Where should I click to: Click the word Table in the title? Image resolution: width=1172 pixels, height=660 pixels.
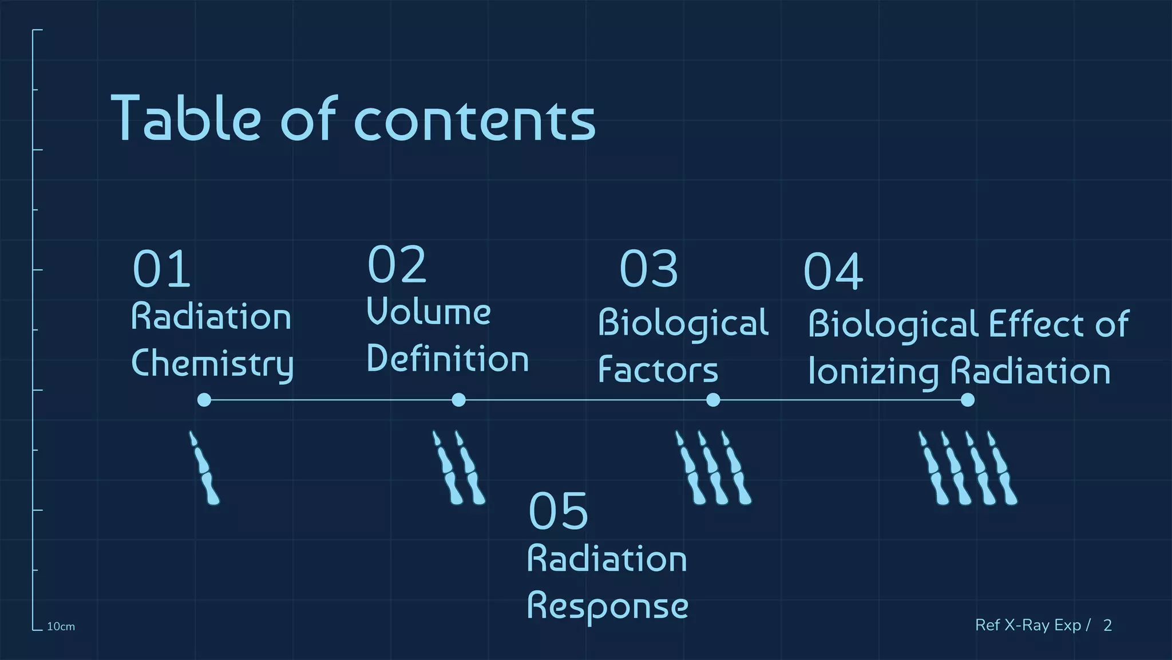187,119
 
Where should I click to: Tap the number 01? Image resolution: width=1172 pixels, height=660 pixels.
161,269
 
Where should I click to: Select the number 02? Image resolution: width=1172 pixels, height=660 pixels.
397,265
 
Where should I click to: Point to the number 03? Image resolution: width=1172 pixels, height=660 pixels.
648,269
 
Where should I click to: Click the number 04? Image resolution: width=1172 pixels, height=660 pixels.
833,272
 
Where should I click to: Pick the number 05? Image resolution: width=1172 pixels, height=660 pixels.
558,511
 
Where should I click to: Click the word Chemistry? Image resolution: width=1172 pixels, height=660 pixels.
212,364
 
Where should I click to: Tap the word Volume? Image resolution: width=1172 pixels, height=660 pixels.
428,312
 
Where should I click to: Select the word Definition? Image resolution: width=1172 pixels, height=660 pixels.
447,359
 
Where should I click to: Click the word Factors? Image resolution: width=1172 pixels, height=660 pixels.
658,370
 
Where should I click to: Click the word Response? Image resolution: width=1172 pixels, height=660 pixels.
607,607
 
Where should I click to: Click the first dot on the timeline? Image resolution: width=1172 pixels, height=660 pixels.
204,400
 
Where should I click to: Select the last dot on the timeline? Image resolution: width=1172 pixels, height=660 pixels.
967,400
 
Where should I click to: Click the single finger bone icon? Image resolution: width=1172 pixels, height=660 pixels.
204,469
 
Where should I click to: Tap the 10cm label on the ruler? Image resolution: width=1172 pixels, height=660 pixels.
61,627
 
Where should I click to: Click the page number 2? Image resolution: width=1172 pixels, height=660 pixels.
1107,625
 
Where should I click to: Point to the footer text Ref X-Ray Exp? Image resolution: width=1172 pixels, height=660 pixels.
1028,625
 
